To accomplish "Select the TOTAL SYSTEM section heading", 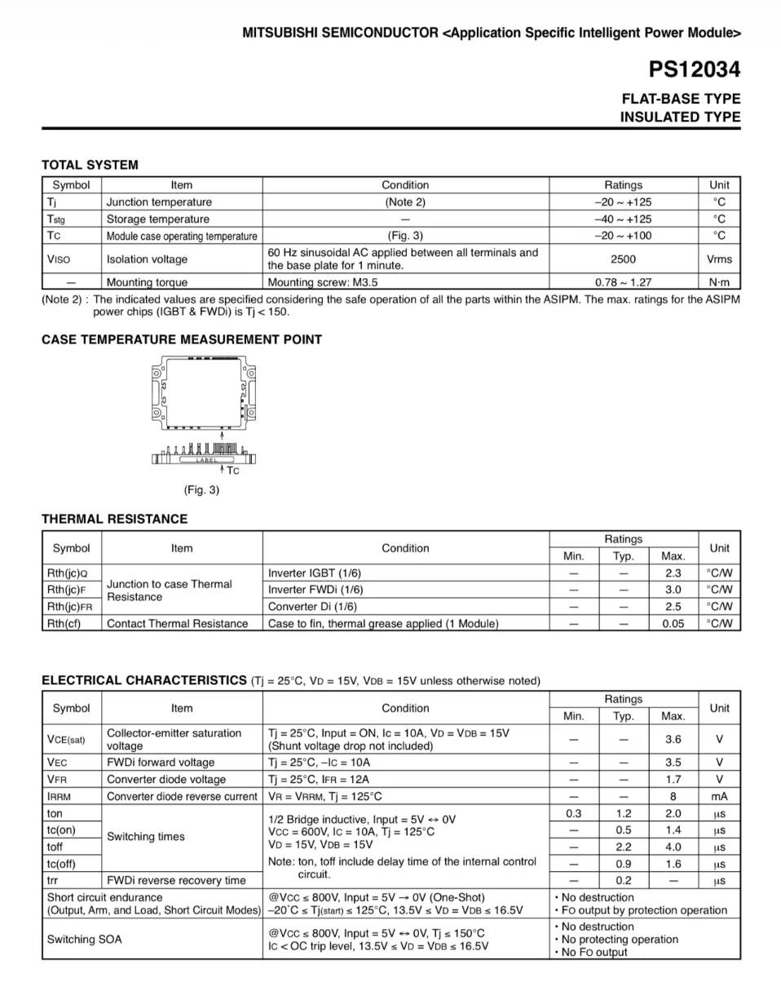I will click(x=90, y=165).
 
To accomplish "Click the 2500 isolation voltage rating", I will click(x=623, y=259).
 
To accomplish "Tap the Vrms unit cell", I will click(x=719, y=259).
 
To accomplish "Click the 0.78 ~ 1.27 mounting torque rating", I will click(x=623, y=283).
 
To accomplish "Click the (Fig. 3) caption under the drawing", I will click(x=201, y=490).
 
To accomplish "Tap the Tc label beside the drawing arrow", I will click(x=233, y=471).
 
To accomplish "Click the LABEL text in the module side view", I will click(x=207, y=461).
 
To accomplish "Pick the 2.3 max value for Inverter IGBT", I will click(x=673, y=573).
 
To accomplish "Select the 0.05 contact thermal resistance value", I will click(x=673, y=623).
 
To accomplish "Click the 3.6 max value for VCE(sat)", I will click(x=673, y=739).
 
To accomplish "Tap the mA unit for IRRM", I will click(x=719, y=796).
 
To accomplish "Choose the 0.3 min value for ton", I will click(x=574, y=813).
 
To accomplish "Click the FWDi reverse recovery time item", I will click(x=176, y=880).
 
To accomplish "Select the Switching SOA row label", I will click(x=84, y=939).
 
